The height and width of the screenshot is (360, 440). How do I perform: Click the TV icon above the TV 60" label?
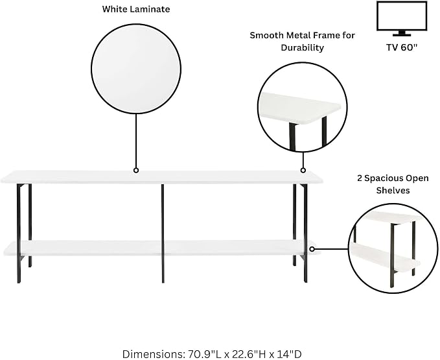click(x=402, y=19)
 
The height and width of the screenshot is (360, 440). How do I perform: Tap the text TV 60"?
click(x=402, y=47)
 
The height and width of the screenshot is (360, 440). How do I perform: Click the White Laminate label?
click(x=136, y=9)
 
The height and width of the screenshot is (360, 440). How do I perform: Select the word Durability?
click(x=302, y=47)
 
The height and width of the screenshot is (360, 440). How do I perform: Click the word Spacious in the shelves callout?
click(x=384, y=178)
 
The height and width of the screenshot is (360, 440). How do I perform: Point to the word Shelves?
click(x=393, y=191)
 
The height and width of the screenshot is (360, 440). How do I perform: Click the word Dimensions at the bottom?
click(x=153, y=354)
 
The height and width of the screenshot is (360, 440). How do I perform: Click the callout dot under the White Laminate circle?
click(x=136, y=170)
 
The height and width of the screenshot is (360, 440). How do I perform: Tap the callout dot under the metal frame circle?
click(x=303, y=170)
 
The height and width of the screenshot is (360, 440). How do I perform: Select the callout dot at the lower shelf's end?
click(x=312, y=249)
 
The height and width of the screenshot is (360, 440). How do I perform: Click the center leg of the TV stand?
click(x=163, y=233)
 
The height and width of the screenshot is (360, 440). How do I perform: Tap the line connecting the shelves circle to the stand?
click(x=331, y=249)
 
